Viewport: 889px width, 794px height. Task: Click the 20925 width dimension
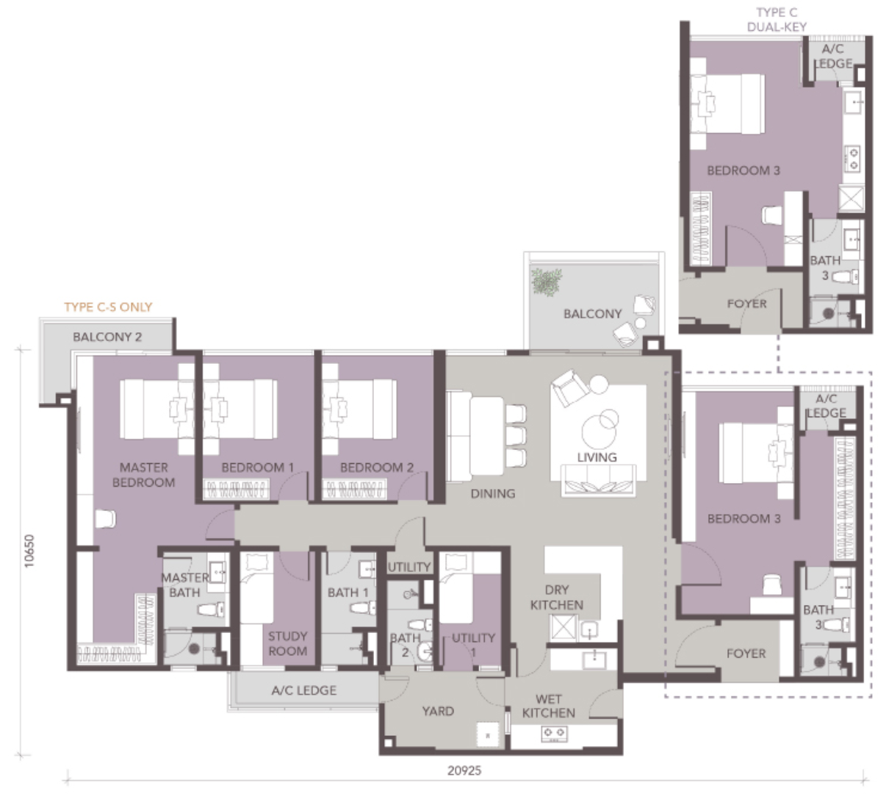[464, 770]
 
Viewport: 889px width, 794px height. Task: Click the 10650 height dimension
[29, 551]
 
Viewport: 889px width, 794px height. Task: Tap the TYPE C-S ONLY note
[108, 307]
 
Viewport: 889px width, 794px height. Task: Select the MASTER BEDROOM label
[143, 475]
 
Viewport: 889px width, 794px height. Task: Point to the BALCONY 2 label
[107, 337]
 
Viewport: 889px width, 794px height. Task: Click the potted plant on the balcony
[547, 281]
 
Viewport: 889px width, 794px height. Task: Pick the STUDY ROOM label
[287, 643]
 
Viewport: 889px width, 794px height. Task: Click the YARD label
[438, 711]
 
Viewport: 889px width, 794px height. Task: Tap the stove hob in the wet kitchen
[554, 734]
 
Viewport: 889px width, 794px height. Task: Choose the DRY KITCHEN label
[557, 597]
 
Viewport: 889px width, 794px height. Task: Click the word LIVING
[597, 457]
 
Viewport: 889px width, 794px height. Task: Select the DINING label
[493, 493]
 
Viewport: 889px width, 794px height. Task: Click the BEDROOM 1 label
[258, 468]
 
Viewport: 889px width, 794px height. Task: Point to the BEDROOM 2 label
[377, 468]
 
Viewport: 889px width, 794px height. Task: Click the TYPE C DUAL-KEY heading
[777, 20]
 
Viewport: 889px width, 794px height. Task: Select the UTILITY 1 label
[473, 644]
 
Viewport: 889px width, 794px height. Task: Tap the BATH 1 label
[348, 593]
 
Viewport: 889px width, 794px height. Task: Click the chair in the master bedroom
[105, 519]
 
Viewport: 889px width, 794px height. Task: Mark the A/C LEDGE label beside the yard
[303, 690]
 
